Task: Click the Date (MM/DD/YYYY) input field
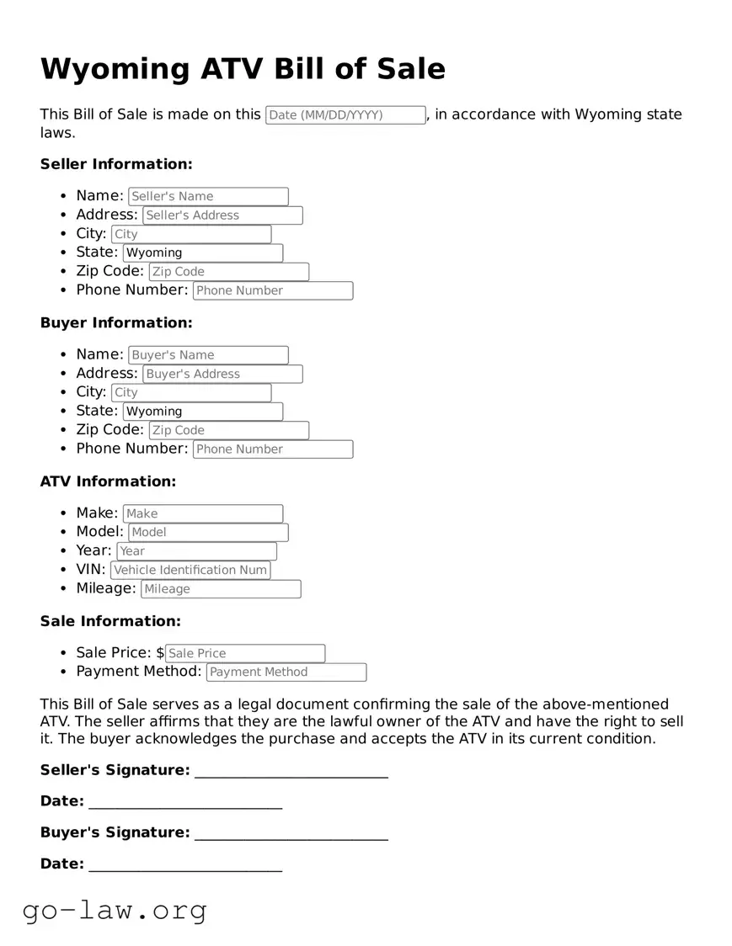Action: coord(345,115)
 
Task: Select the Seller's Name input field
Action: coord(208,196)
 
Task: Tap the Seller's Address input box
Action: coord(222,215)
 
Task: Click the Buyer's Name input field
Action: coord(208,355)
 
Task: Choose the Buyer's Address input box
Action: coord(222,374)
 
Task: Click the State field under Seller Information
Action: coord(203,252)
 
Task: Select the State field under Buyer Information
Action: coord(203,412)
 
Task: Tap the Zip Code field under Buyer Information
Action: coord(228,430)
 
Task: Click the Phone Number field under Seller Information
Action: coord(273,290)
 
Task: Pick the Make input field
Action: coord(203,513)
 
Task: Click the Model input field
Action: coord(208,532)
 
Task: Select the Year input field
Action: coord(196,551)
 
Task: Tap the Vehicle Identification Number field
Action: coord(190,570)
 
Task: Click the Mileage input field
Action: coord(221,589)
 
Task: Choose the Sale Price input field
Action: coord(244,653)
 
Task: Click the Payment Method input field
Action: coord(286,672)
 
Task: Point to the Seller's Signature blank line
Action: coord(291,771)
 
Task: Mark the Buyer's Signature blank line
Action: coord(291,833)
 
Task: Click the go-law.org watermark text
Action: coord(115,910)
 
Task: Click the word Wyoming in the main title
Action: coord(115,68)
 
